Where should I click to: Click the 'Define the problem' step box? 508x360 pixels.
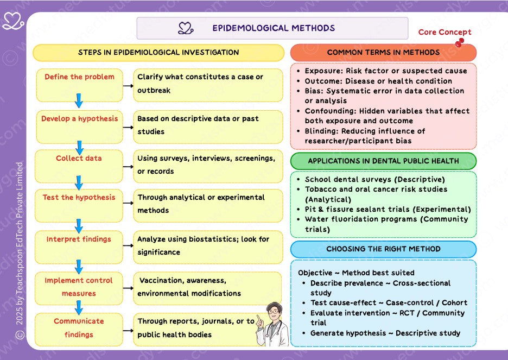(x=79, y=84)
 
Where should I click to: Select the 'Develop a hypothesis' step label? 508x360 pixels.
(x=79, y=119)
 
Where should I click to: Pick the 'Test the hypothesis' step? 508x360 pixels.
(x=79, y=198)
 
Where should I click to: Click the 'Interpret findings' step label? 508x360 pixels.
(x=79, y=239)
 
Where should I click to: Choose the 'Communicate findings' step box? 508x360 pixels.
(x=79, y=328)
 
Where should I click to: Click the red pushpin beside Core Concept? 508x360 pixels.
(x=460, y=42)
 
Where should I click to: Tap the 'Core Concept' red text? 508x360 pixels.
(x=444, y=32)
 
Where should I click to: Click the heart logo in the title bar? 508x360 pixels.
(x=186, y=28)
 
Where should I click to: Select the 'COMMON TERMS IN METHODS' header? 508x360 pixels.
(x=383, y=53)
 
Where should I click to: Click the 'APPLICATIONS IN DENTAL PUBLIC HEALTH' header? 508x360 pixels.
(x=383, y=161)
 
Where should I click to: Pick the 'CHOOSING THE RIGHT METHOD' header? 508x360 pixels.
(x=383, y=249)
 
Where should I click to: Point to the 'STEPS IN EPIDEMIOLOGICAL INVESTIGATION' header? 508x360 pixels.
(x=158, y=53)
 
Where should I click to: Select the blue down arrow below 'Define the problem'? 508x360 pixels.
(x=79, y=100)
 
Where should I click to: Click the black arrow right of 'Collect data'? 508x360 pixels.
(x=128, y=165)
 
